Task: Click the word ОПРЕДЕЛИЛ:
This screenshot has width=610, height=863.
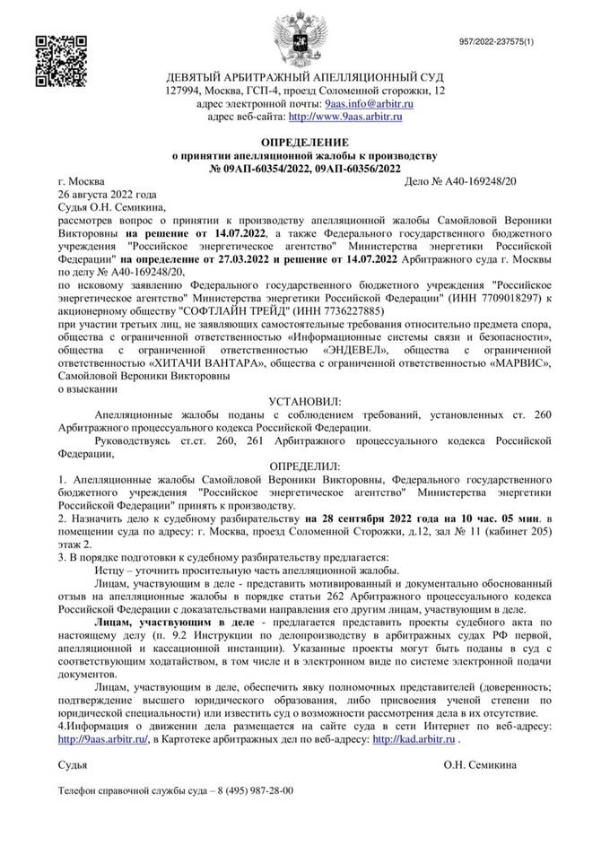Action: (306, 467)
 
